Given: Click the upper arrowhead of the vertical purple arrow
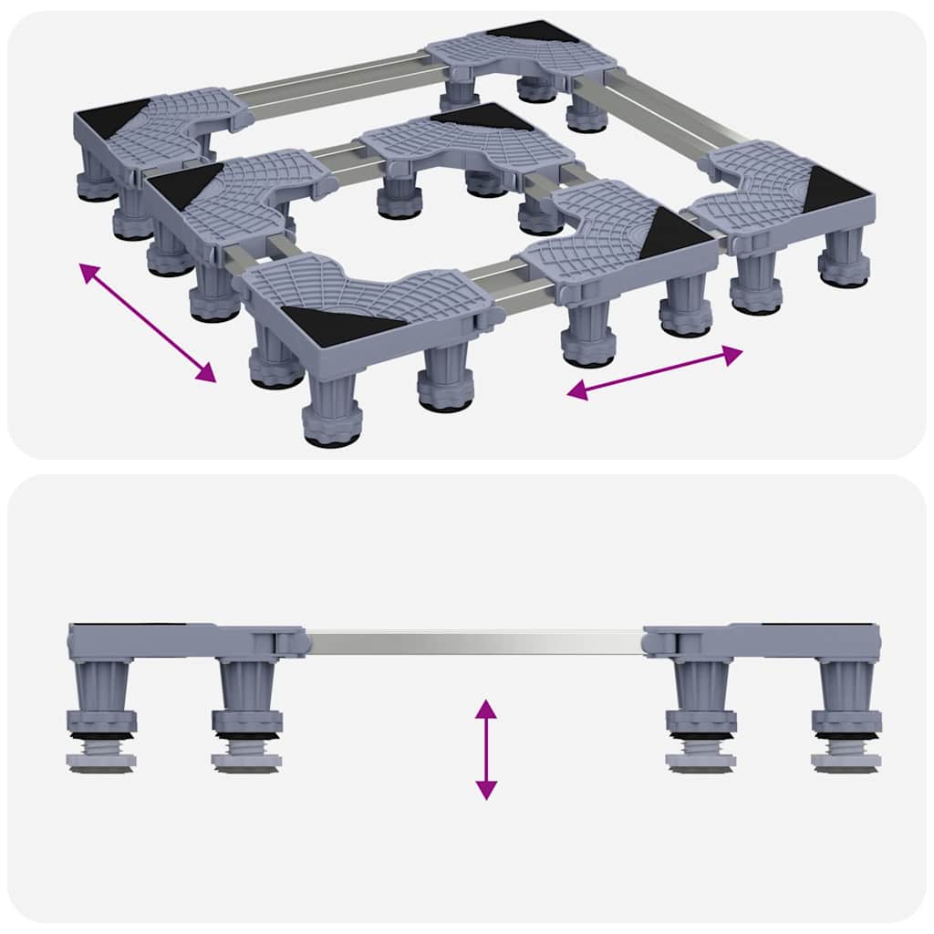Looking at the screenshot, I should tap(486, 708).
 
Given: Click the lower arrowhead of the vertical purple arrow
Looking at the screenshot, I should tap(486, 790).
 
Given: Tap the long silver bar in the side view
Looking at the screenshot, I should tap(474, 641).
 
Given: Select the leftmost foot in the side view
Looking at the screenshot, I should tap(102, 759).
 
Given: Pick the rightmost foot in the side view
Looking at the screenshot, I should tap(846, 759).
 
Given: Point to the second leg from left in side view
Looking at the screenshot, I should tap(247, 693).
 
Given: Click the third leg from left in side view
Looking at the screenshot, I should tap(700, 693).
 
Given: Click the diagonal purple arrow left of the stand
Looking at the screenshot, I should tap(148, 321).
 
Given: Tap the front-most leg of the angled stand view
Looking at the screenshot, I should tap(329, 410).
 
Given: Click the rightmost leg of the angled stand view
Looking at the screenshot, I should tap(843, 259).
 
